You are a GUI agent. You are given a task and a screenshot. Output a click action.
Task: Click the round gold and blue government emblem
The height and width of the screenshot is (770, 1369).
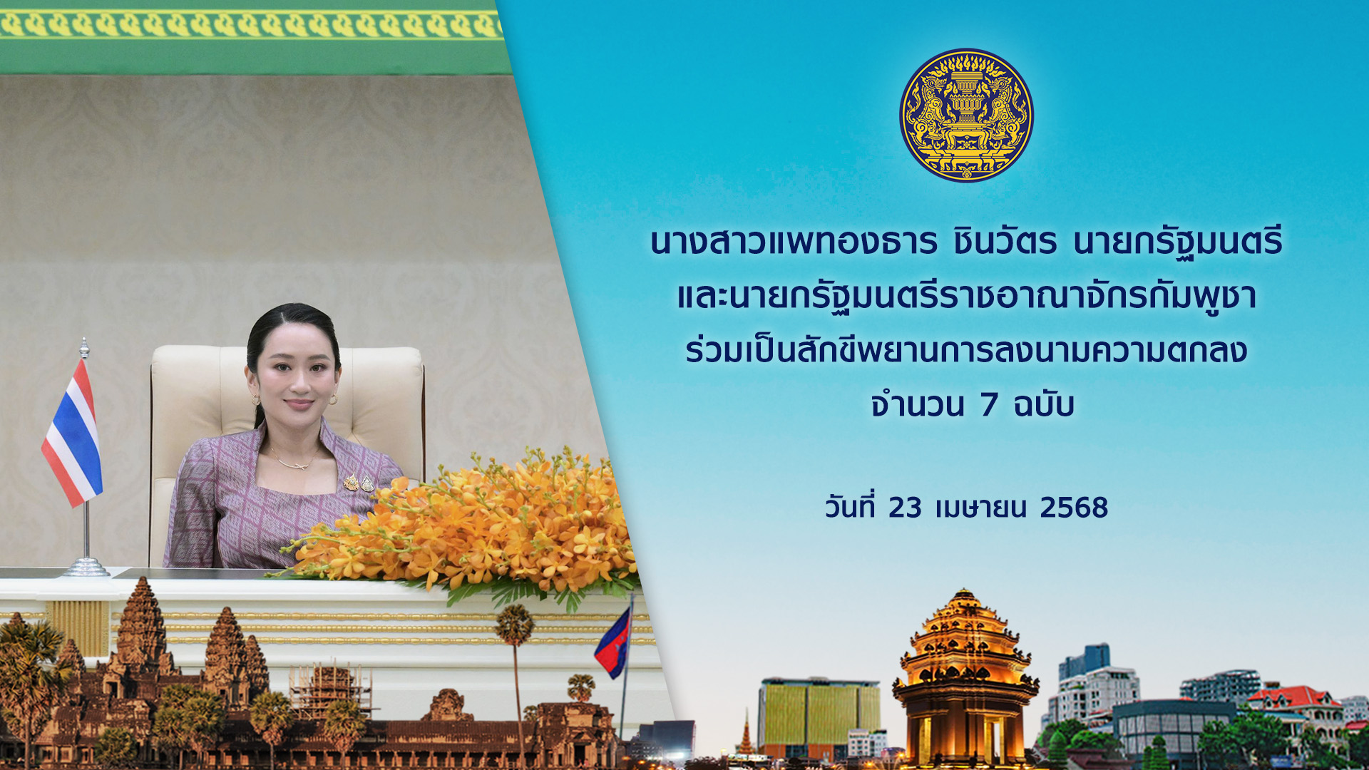[x=966, y=115]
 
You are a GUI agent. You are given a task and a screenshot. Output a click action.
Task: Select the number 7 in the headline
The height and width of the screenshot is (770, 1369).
[x=988, y=404]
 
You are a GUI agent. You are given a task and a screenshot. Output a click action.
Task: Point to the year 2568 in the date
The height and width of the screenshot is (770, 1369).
[x=1074, y=508]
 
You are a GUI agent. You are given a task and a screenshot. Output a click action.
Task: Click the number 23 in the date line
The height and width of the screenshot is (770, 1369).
[x=905, y=508]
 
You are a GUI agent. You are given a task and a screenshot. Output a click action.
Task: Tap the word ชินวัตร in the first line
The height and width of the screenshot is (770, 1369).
[x=1005, y=241]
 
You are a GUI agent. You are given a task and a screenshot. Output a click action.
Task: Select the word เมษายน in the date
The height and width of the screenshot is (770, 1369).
[x=981, y=508]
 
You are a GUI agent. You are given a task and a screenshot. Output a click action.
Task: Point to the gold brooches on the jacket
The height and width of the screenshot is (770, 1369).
[x=359, y=483]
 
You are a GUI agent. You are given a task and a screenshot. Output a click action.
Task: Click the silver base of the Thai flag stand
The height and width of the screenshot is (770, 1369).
[x=86, y=567]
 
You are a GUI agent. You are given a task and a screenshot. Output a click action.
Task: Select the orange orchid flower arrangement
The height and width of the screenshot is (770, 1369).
[x=463, y=524]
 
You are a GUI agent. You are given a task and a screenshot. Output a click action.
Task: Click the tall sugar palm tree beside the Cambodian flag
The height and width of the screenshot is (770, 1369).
[x=515, y=677]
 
